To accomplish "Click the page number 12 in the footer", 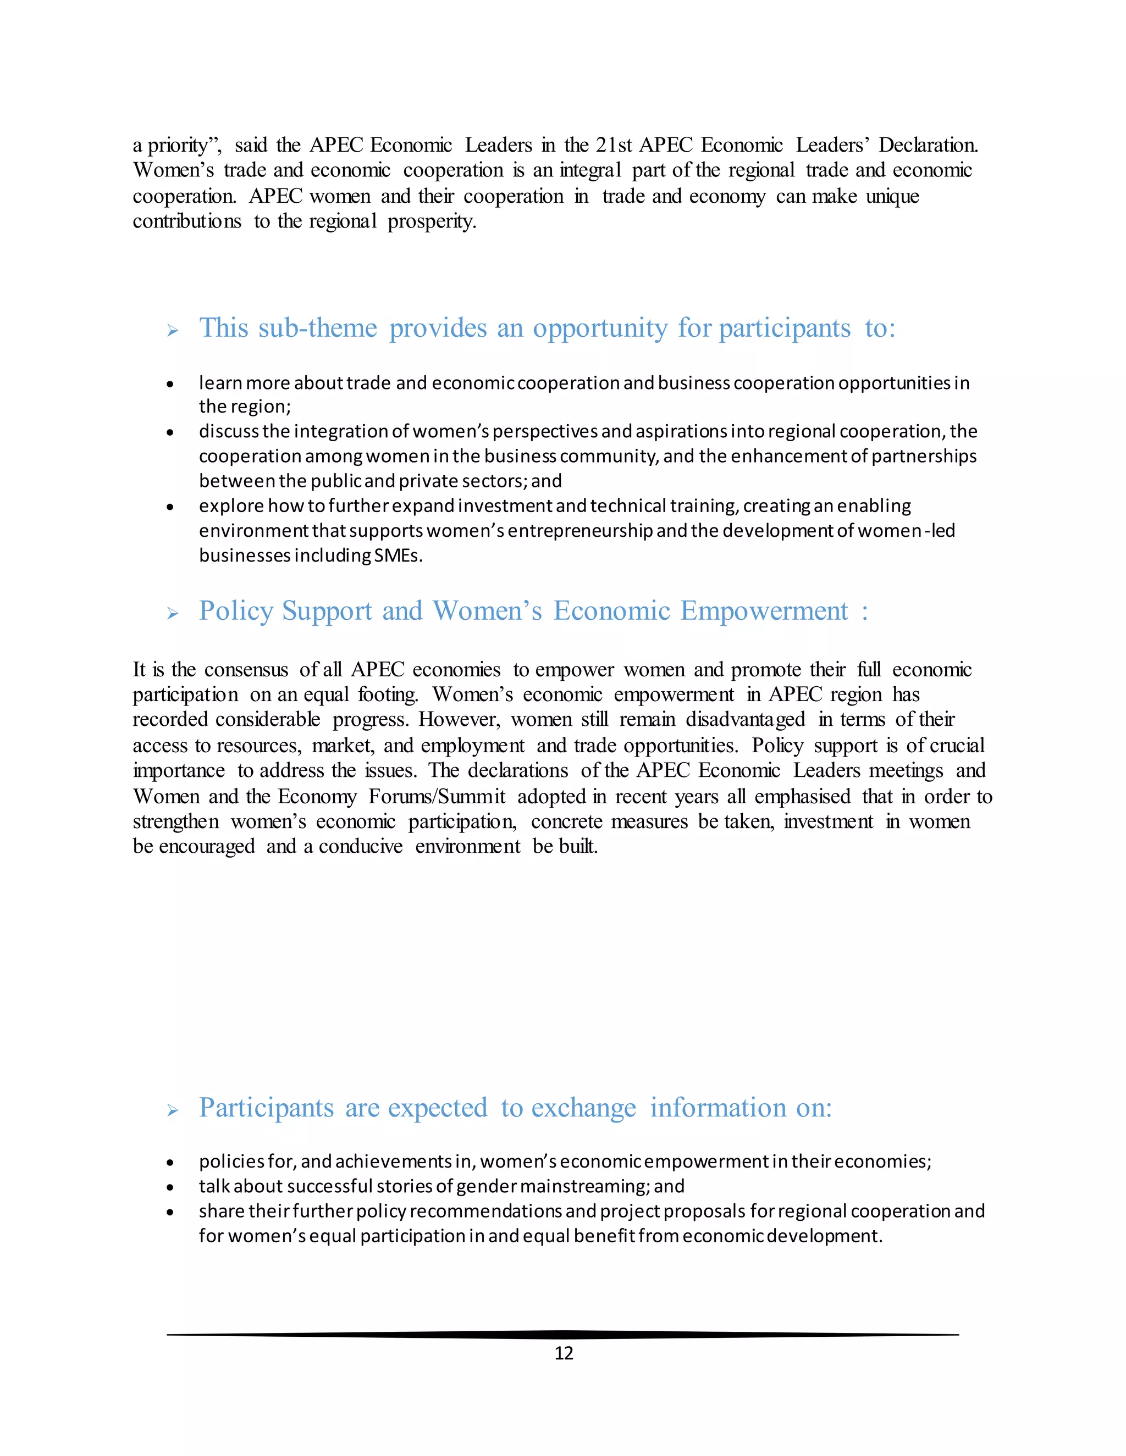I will (564, 1353).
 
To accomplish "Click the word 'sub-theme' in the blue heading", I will (318, 328).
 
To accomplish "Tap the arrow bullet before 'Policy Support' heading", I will (173, 613).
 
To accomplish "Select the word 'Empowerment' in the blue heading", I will (764, 610).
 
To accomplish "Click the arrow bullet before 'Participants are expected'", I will (173, 1110).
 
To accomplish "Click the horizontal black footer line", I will (562, 1335).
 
